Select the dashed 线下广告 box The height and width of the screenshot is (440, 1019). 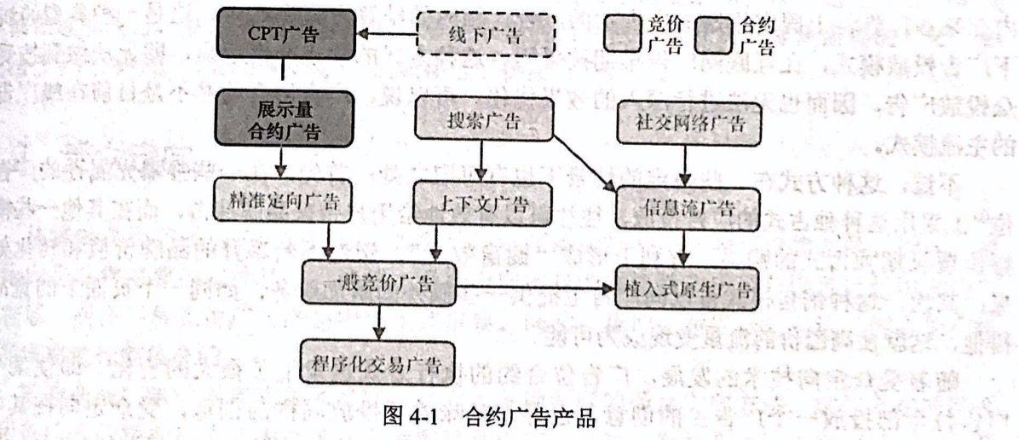[x=485, y=34]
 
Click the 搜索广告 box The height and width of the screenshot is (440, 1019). [x=483, y=120]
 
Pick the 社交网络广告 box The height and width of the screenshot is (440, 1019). [x=688, y=122]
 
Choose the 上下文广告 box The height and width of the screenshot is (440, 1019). [x=482, y=204]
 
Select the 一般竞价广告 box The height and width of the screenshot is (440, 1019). [x=379, y=284]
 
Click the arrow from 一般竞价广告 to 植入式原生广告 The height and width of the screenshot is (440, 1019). [x=537, y=287]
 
